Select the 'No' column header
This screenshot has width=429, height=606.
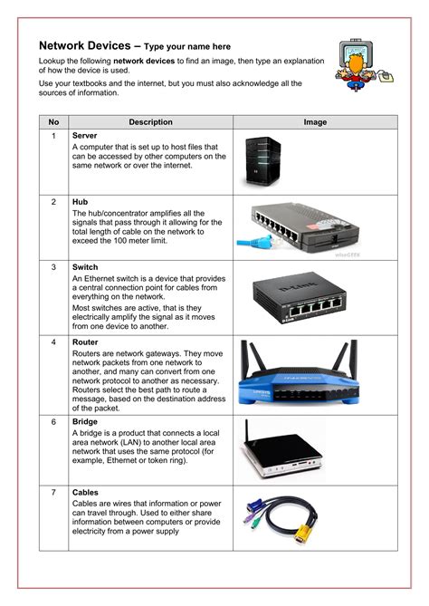point(53,121)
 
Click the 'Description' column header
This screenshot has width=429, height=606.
point(150,121)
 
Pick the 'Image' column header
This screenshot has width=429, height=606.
point(315,121)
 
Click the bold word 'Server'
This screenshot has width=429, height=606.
point(85,135)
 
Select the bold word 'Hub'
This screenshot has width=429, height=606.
point(80,201)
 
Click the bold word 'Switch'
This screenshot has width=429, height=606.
point(85,268)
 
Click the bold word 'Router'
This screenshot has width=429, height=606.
point(85,343)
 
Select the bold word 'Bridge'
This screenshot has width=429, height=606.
point(85,422)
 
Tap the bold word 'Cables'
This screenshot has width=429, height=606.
point(86,492)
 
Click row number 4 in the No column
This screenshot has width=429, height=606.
point(53,343)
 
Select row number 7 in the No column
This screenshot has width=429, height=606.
point(53,492)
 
